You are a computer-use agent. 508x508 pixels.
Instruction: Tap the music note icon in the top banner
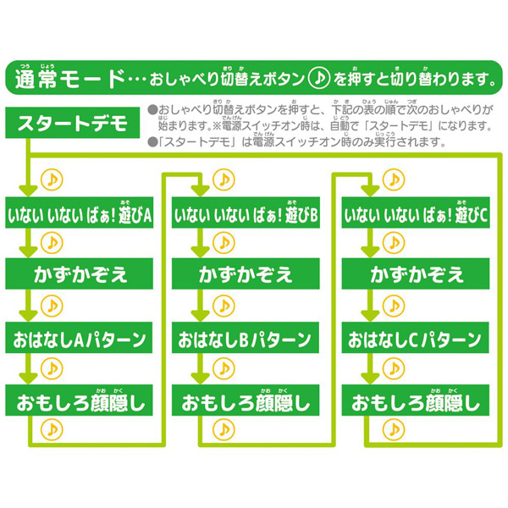[317, 80]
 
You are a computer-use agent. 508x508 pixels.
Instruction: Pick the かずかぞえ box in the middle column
[246, 275]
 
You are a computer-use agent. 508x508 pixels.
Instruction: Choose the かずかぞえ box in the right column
[416, 275]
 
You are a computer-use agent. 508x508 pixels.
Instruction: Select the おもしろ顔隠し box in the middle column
[246, 399]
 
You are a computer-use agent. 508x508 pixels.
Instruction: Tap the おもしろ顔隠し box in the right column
[416, 399]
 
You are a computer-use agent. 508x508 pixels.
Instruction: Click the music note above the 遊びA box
[54, 179]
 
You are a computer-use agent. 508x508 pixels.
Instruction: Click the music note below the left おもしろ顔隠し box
[54, 429]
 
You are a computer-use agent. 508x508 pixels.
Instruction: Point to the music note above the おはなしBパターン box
[222, 306]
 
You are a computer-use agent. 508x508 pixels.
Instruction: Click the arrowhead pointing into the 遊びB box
[200, 190]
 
